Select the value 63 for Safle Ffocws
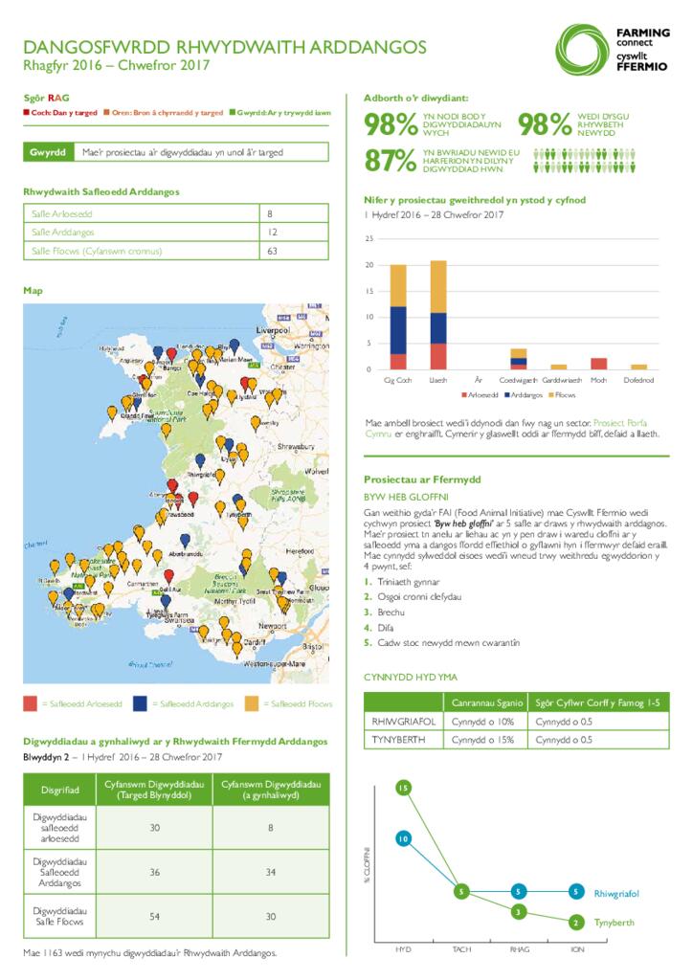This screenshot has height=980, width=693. tap(273, 252)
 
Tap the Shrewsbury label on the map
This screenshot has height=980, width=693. tap(297, 446)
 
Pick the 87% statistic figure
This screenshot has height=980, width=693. tap(390, 161)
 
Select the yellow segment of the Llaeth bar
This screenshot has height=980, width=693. tap(438, 286)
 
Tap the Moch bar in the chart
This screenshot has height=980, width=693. tap(598, 364)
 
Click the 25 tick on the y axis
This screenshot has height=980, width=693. tap(369, 238)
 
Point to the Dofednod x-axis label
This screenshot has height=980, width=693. tap(638, 380)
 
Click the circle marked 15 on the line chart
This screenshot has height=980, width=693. tap(403, 788)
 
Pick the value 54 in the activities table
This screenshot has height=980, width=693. tap(154, 916)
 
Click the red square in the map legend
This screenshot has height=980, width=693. tap(32, 703)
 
